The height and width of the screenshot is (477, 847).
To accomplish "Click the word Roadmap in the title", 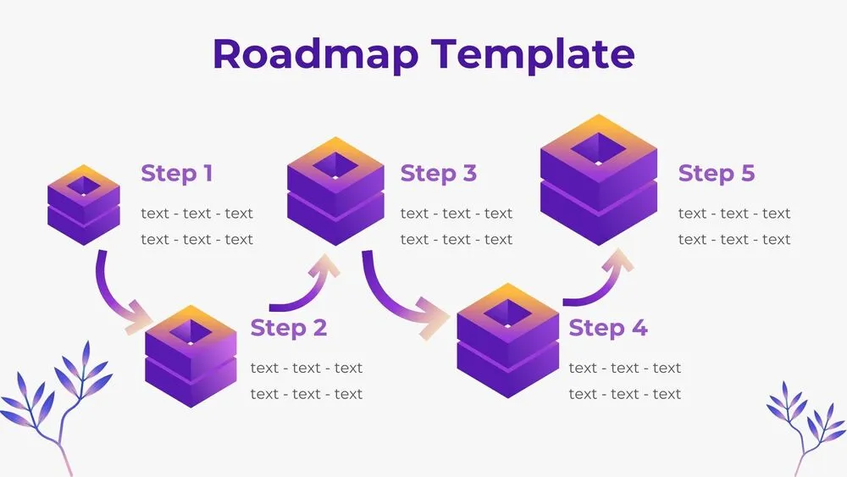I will click(313, 53).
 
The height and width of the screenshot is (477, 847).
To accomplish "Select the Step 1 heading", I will click(176, 174).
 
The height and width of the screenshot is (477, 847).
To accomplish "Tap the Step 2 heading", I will click(288, 328).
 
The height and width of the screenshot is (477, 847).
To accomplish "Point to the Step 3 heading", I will click(438, 174).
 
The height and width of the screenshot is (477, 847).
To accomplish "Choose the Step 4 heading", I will click(607, 328).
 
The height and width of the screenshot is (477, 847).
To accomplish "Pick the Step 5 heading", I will click(716, 174).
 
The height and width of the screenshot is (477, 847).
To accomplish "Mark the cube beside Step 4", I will click(507, 340).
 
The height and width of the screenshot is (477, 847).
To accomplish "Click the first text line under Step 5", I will click(734, 214).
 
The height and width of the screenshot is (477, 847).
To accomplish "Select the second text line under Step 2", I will click(306, 394).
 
